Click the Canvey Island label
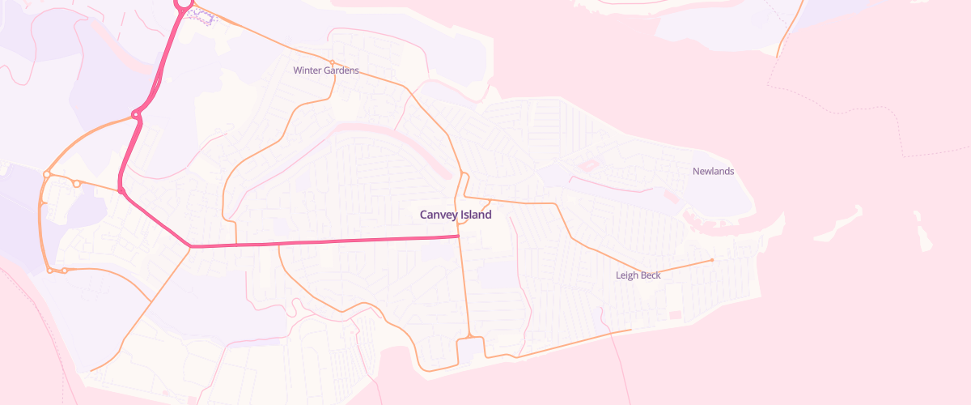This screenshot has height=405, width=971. [456, 215]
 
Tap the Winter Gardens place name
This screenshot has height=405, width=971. [326, 70]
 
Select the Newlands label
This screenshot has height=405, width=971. [713, 171]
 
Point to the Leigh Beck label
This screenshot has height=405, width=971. [638, 275]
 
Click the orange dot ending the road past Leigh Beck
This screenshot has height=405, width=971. [711, 260]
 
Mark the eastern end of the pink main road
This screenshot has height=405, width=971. [459, 236]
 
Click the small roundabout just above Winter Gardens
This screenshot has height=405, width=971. [332, 62]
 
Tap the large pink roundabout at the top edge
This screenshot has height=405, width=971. [184, 3]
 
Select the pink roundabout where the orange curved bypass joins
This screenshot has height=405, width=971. [136, 114]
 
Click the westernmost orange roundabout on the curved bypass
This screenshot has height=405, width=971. [48, 174]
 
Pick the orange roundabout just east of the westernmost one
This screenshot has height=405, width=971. [77, 184]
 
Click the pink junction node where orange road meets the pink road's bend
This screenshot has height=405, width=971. [121, 190]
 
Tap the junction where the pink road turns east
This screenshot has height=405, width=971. [190, 245]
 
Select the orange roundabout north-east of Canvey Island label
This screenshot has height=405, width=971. [464, 175]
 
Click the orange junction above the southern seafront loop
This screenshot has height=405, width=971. [469, 335]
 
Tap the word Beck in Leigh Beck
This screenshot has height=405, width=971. [651, 275]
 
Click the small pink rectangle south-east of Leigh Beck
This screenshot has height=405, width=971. [675, 314]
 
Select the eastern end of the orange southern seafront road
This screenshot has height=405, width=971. [630, 330]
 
